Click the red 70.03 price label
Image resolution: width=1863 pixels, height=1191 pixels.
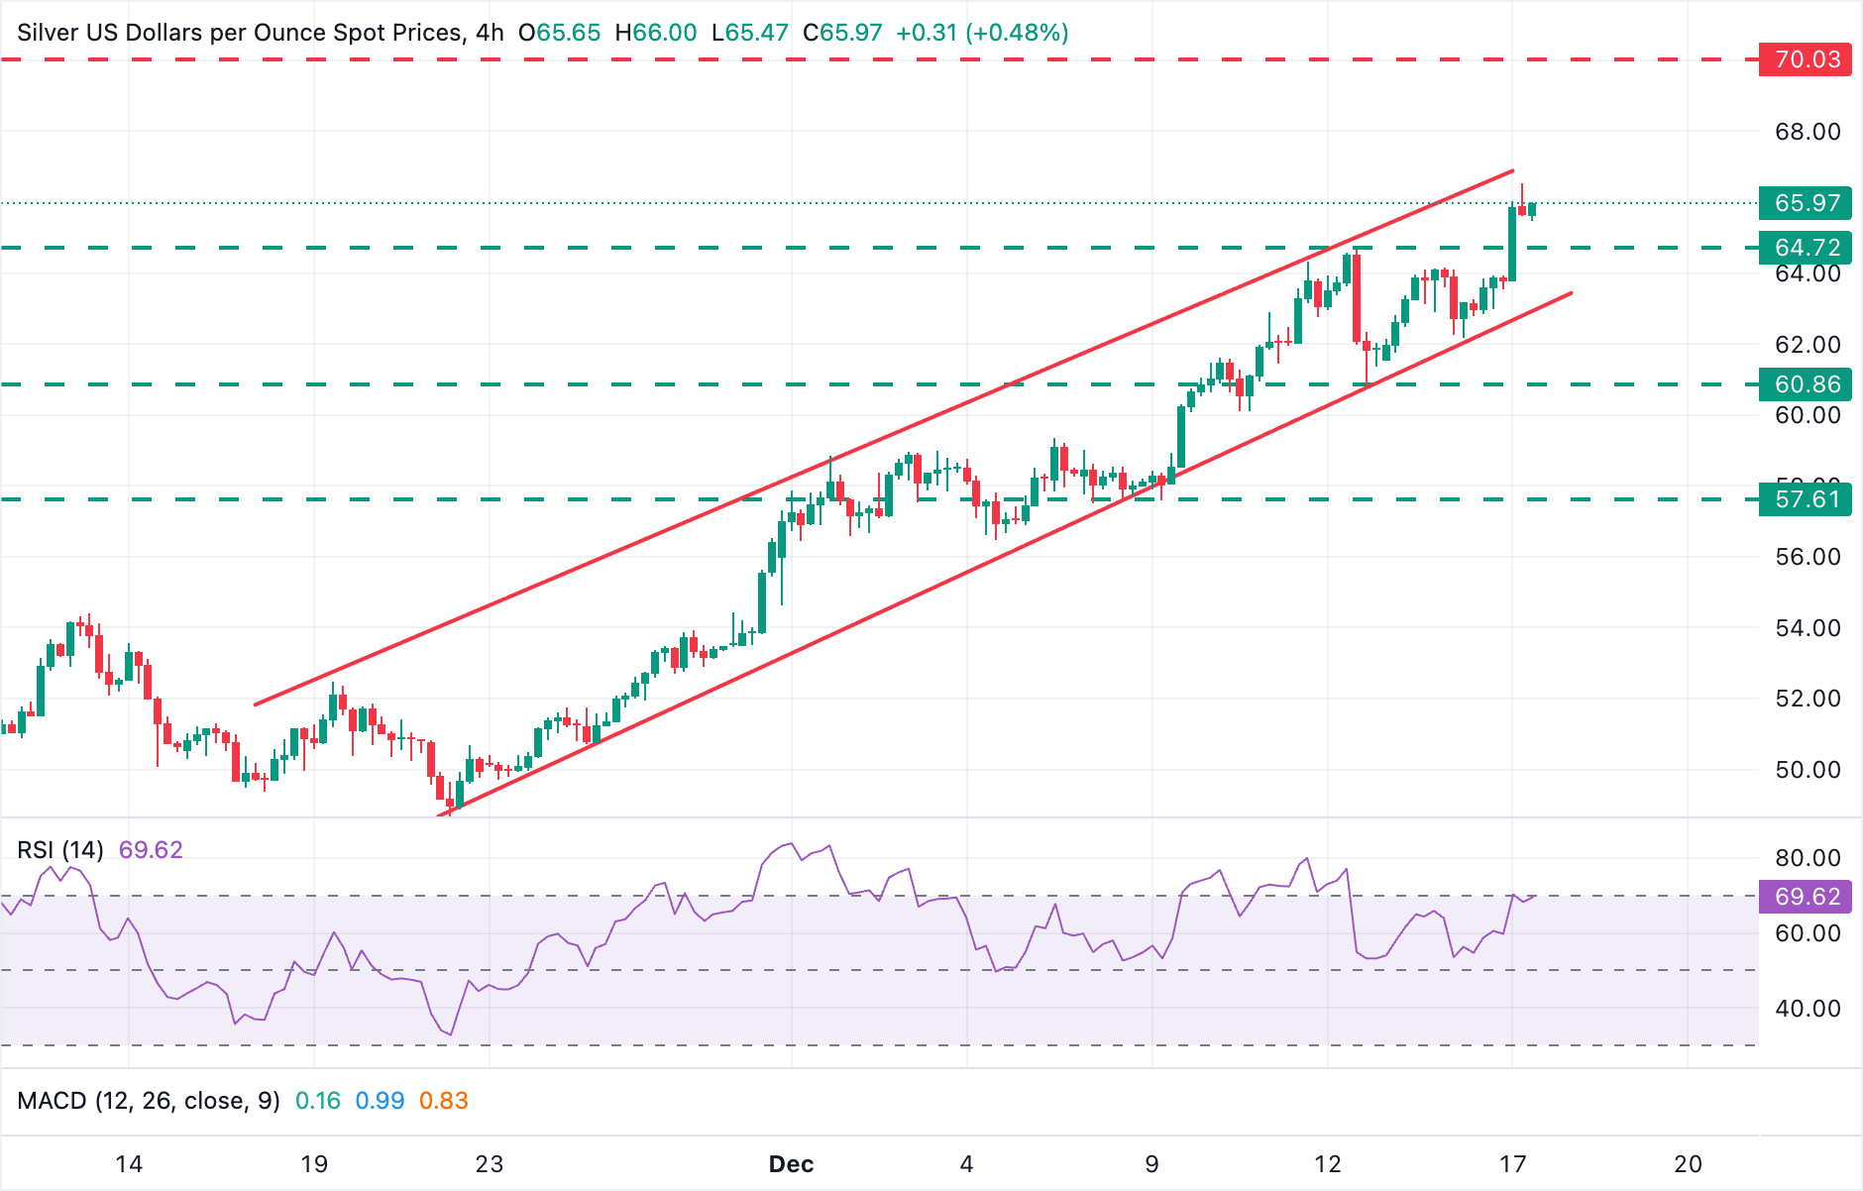tap(1807, 59)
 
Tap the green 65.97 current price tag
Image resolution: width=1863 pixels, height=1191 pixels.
tap(1807, 203)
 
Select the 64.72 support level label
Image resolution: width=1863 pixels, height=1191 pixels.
tap(1807, 247)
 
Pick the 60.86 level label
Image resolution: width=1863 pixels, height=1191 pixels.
tap(1807, 384)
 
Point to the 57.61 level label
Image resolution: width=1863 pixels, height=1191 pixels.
tap(1807, 499)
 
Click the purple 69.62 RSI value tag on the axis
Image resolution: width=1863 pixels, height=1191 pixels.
tap(1807, 897)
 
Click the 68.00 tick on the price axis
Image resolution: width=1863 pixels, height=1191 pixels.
tap(1807, 132)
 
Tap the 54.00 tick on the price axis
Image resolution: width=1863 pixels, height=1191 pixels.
tap(1807, 628)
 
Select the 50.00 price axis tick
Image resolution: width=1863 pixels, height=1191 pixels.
tap(1807, 770)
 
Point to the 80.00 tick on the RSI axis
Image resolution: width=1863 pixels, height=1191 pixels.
tap(1807, 858)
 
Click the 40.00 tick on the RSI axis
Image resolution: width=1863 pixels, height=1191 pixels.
tap(1807, 1009)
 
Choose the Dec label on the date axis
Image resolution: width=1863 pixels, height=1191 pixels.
tap(791, 1164)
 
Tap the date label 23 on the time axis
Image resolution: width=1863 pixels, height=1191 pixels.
tap(490, 1164)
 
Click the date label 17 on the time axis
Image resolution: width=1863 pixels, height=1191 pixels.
tap(1512, 1164)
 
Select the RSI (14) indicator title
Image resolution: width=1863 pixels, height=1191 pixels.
tap(60, 850)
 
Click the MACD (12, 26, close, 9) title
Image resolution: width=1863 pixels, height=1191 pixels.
tap(149, 1101)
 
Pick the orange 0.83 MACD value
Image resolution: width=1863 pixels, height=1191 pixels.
tap(443, 1101)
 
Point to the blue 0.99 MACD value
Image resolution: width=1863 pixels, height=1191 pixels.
tap(380, 1101)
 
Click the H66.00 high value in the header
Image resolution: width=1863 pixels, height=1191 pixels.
tap(656, 33)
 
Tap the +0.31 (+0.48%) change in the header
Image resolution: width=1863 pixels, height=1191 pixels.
tap(982, 33)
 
